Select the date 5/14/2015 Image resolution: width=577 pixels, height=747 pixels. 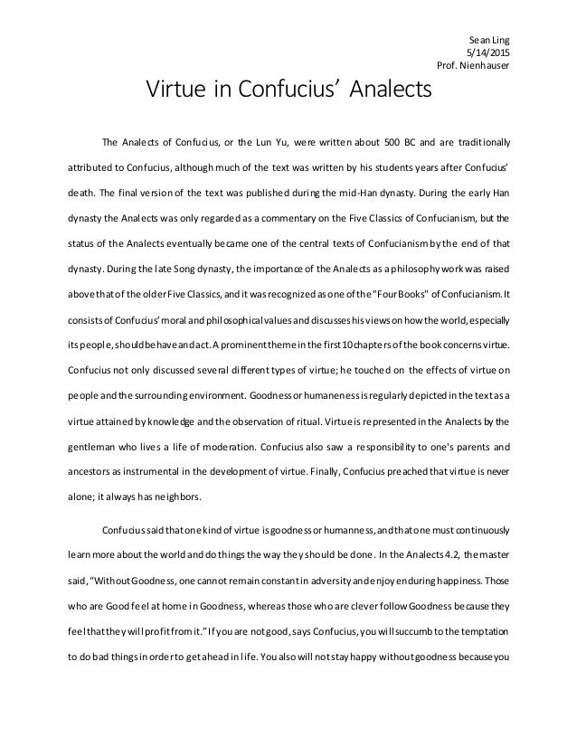point(489,52)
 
